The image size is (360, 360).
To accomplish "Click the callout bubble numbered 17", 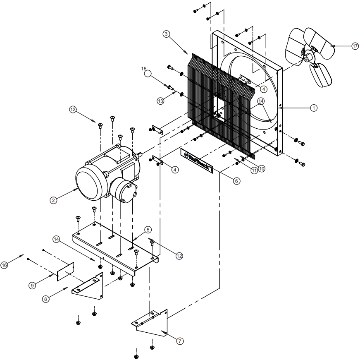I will coord(355,46).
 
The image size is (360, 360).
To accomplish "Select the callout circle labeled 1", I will coord(314,108).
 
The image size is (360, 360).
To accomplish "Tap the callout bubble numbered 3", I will coord(166,34).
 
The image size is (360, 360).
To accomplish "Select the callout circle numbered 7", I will coord(180,341).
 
